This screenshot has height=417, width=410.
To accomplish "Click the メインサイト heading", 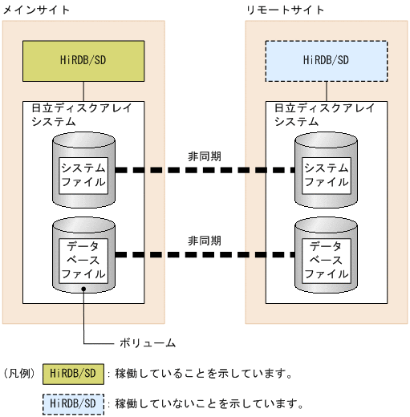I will [36, 10].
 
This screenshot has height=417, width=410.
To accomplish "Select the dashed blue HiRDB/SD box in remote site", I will [326, 59].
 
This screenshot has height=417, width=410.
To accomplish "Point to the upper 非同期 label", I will [205, 156].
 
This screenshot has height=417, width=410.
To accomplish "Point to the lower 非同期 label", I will [205, 240].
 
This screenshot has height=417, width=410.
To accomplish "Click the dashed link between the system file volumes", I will [205, 170].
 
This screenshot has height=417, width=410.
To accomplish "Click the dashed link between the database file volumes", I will [205, 255].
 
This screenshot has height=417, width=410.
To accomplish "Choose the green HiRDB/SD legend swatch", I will [74, 374].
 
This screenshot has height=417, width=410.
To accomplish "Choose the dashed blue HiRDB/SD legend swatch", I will [74, 403].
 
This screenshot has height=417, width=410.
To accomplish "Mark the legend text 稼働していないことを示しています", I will [209, 403].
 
